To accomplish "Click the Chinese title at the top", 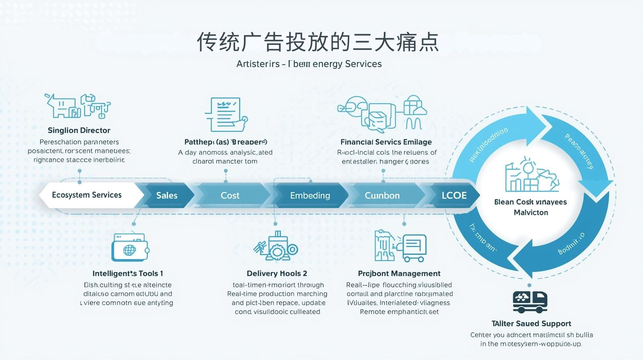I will [317, 42].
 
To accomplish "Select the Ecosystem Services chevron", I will [87, 195].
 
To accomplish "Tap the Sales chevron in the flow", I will [166, 196].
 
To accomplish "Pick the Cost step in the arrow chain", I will [230, 196].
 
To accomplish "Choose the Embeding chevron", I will [310, 196].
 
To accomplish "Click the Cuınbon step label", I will [382, 196].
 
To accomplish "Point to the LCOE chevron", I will [454, 196].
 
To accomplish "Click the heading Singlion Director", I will [79, 130].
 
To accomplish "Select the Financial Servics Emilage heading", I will [386, 142].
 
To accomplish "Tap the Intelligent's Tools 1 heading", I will [128, 274].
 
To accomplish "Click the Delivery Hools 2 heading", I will [277, 274].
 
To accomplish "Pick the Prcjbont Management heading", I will [399, 274].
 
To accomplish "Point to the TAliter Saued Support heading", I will [531, 323].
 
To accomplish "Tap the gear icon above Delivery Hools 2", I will [276, 247].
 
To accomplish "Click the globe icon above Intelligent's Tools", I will [129, 250].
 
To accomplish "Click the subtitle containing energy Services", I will [309, 64].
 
